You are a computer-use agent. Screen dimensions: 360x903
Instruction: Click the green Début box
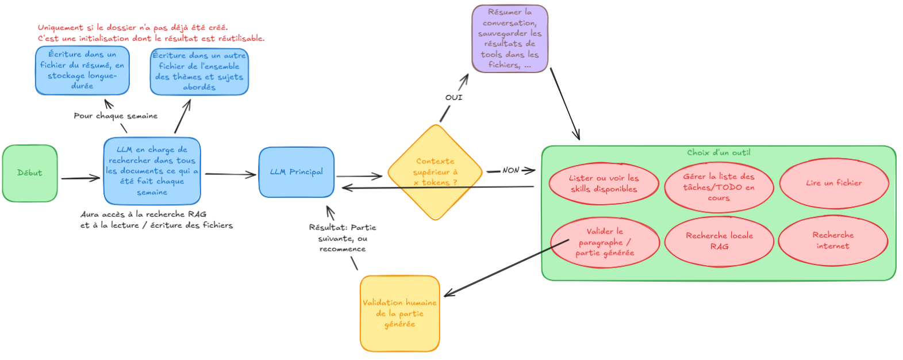(30, 173)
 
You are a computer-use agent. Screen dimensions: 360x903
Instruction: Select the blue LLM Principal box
(297, 172)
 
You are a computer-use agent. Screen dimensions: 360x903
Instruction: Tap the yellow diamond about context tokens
(435, 172)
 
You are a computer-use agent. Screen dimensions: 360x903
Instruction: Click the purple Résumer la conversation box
(510, 39)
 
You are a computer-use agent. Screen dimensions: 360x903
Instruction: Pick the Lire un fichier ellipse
(833, 183)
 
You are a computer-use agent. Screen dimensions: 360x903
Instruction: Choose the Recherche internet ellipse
(833, 240)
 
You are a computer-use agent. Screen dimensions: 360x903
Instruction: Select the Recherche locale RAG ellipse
(719, 241)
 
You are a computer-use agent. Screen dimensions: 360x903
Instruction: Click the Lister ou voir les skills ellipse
(604, 183)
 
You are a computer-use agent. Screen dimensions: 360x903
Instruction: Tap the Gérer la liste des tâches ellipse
(718, 187)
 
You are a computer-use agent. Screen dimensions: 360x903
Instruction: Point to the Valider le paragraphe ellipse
(605, 242)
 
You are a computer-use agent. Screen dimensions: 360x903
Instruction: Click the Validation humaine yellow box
(399, 313)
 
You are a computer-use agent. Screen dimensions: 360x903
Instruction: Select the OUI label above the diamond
(454, 97)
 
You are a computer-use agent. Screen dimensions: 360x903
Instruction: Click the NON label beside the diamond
(510, 170)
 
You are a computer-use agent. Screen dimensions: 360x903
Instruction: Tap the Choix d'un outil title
(718, 152)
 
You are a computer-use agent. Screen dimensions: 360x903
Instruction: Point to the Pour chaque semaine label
(116, 116)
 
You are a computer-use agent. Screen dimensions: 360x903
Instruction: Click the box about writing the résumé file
(82, 70)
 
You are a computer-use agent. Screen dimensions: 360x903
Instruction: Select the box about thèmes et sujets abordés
(199, 71)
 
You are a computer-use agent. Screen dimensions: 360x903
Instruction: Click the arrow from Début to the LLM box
(80, 178)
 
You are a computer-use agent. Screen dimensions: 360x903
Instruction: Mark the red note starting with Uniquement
(151, 33)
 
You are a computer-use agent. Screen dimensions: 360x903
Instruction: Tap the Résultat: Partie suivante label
(343, 238)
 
